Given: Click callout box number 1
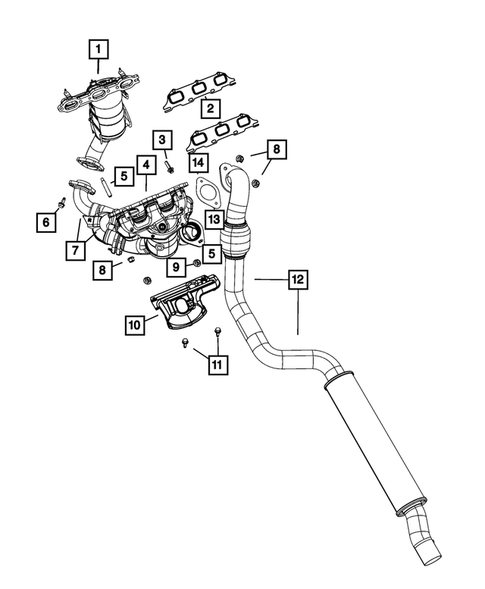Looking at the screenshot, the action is (98, 49).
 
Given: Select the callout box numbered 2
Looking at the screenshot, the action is (210, 108).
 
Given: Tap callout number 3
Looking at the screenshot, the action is (162, 140).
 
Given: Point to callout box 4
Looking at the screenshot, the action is (146, 165).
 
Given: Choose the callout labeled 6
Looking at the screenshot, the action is (46, 222).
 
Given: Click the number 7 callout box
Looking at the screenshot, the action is (76, 250).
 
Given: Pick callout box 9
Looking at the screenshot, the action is (176, 267).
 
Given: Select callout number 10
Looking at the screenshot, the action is (135, 325).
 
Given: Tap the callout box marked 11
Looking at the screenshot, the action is (218, 364).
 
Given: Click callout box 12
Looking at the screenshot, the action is (298, 279).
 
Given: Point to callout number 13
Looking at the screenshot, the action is (214, 219).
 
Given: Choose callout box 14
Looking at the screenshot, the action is (198, 163).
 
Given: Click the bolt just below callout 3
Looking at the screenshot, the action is (170, 167).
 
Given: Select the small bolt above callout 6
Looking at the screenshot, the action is (60, 202).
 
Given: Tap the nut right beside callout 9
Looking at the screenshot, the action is (196, 263).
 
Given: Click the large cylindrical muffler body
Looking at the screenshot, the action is (376, 444).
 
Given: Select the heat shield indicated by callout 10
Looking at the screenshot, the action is (185, 302).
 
